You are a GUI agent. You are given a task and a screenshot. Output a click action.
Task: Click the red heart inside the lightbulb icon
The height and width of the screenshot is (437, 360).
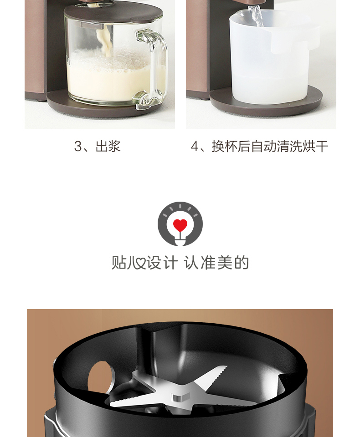[180, 225]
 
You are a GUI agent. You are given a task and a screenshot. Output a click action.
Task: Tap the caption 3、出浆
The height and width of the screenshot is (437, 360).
[98, 146]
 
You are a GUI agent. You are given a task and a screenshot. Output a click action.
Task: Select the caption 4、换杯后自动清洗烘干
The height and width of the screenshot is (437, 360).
[260, 146]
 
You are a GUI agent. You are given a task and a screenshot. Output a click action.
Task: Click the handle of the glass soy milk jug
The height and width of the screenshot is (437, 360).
[152, 68]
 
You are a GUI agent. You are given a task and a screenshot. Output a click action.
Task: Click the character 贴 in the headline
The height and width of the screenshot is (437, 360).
[119, 263]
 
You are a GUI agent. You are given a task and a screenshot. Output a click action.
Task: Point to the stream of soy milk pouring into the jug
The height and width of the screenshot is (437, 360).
[104, 42]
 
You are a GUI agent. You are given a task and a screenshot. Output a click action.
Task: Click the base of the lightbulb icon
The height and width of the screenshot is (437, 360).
[180, 241]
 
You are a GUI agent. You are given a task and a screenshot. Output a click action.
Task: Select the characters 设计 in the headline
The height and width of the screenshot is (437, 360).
[162, 263]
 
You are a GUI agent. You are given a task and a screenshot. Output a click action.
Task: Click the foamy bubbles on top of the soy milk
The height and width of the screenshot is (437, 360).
[112, 60]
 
